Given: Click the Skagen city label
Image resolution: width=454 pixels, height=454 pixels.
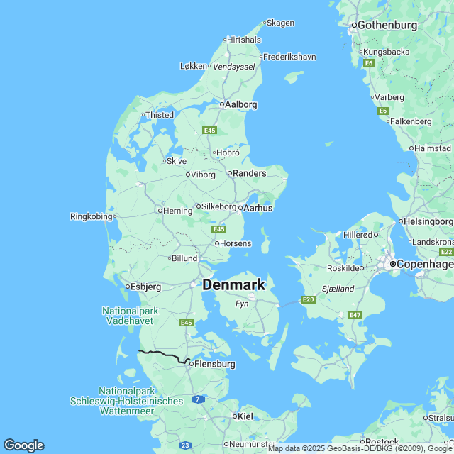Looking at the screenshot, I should tap(280, 23).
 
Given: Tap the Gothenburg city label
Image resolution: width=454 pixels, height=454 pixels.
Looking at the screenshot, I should tap(387, 25).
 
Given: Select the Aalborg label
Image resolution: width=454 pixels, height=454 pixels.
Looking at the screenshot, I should tap(240, 104).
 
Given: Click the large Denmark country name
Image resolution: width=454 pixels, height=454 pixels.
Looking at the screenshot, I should tap(234, 284).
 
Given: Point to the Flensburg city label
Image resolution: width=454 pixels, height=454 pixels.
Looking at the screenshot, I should tap(214, 364).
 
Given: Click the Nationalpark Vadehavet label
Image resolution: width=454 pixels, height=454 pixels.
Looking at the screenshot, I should tap(130, 316).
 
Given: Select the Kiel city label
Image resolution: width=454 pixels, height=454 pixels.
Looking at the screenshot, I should tap(245, 416).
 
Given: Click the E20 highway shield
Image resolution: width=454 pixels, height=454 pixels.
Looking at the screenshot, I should tap(308, 300).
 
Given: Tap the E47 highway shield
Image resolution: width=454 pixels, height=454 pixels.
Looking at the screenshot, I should tap(355, 315).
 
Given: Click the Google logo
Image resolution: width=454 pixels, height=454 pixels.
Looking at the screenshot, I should tap(23, 445).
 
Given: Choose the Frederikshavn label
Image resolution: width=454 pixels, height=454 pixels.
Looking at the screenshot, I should tap(289, 57).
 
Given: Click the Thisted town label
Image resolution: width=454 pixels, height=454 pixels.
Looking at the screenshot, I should tap(160, 115).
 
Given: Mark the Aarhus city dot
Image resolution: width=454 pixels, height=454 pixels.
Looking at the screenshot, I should tap(241, 208).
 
